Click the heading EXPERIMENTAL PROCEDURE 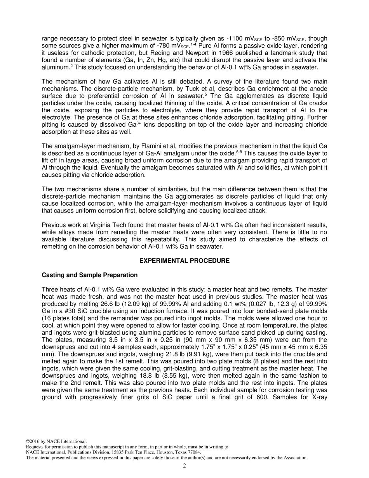184,261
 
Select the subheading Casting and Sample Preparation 89,275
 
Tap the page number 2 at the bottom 184,466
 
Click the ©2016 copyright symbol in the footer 28,441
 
